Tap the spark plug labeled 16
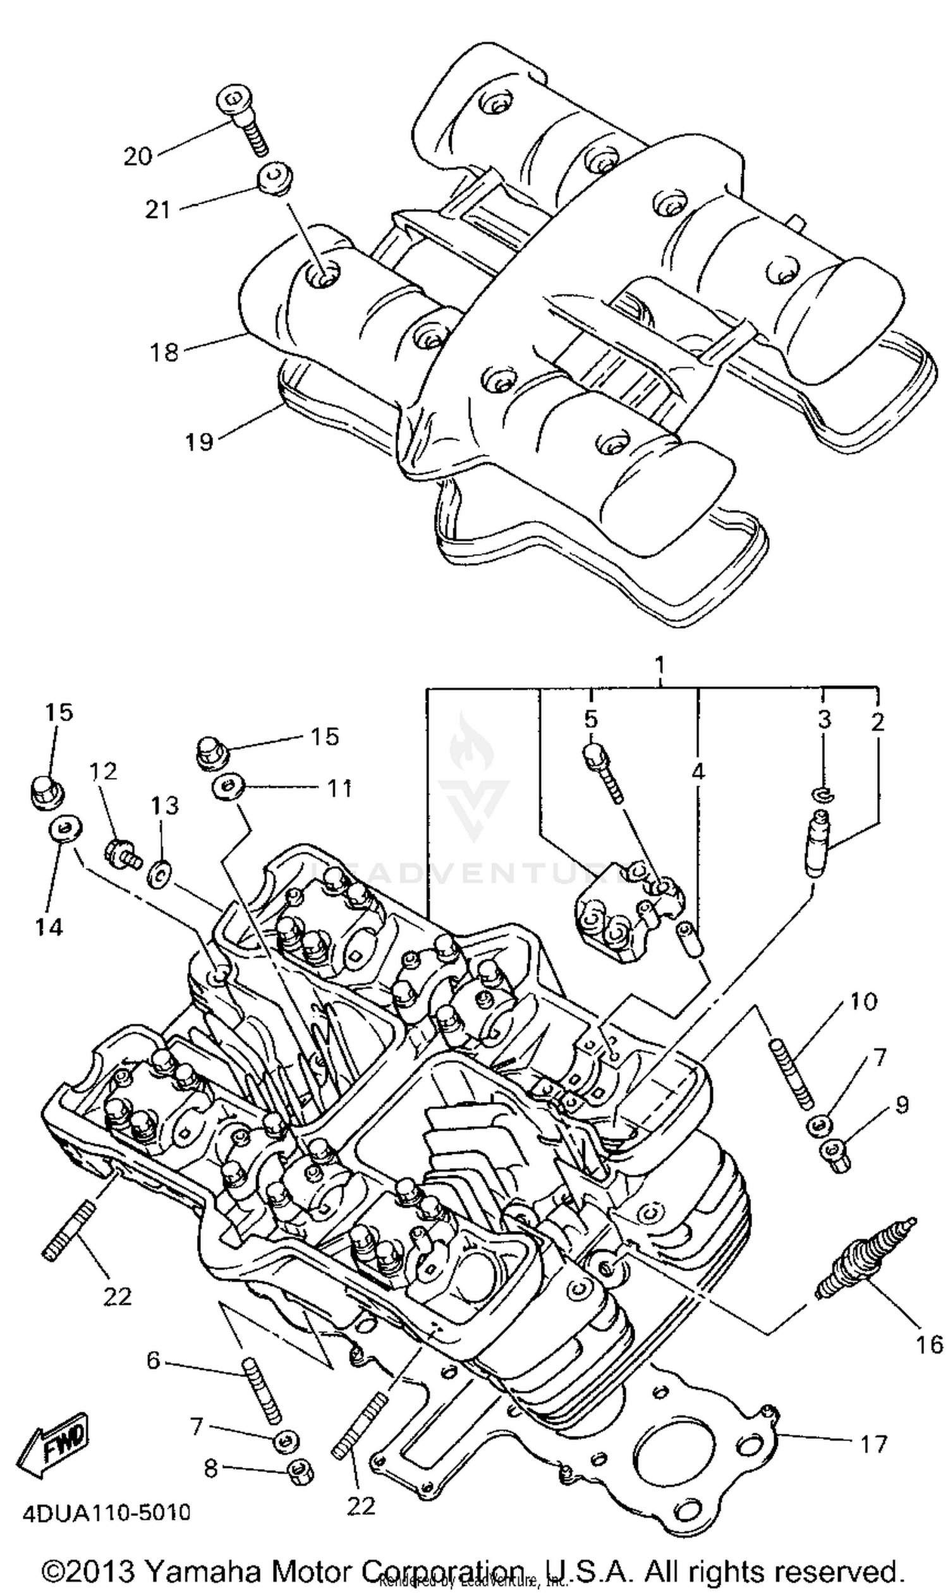(x=865, y=1258)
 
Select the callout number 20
(x=138, y=157)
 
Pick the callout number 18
(x=164, y=352)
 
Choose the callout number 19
(x=198, y=441)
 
